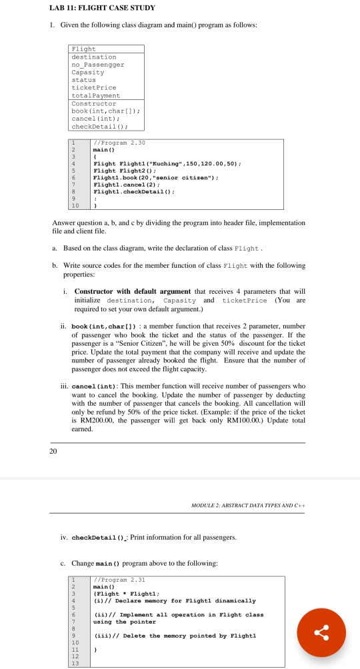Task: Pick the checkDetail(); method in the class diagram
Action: [99, 125]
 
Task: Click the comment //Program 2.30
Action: [115, 143]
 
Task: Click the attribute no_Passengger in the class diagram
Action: [97, 65]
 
